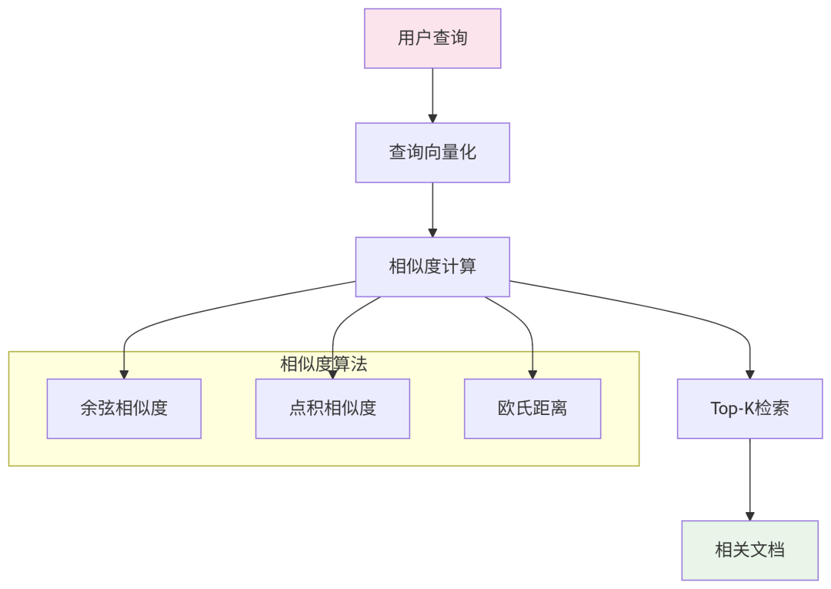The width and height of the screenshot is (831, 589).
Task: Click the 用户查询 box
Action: point(432,38)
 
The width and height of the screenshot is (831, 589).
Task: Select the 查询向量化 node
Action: point(432,152)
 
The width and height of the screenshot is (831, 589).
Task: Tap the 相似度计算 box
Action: point(432,266)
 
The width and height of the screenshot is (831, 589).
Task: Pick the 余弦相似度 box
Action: point(124,408)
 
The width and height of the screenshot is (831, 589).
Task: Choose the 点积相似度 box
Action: point(332,408)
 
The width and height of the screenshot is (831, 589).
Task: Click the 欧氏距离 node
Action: point(532,408)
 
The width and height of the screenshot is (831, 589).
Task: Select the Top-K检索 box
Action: point(749,408)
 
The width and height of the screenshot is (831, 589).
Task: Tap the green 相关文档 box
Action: point(749,550)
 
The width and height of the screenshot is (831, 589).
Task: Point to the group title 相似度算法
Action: point(323,364)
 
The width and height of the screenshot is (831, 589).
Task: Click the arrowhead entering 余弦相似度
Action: point(124,374)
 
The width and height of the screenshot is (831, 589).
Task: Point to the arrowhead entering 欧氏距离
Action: point(532,374)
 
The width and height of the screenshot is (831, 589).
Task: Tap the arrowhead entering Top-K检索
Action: point(750,374)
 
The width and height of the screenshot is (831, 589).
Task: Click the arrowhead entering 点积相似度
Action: point(332,374)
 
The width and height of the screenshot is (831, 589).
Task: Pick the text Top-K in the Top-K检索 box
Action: point(733,408)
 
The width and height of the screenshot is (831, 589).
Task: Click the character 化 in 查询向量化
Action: point(467,152)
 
